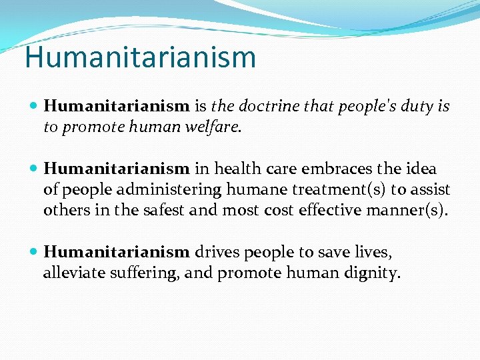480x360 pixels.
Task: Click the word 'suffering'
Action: click(148, 273)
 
